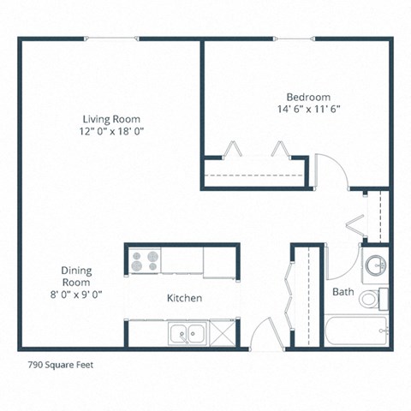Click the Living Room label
click(111, 118)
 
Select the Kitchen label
click(184, 298)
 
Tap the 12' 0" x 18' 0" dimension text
click(111, 131)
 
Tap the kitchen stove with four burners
click(146, 259)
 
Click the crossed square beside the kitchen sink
click(222, 332)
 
